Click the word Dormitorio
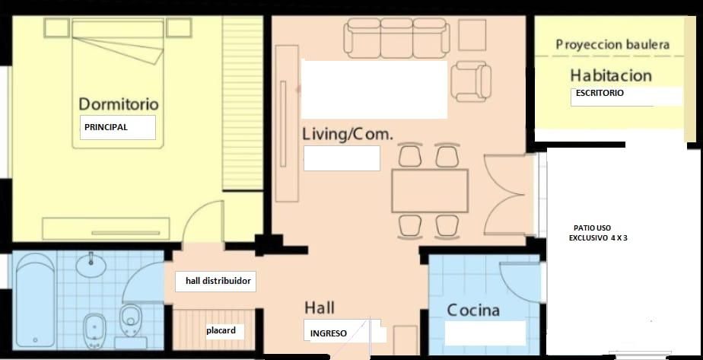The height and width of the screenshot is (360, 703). (119, 104)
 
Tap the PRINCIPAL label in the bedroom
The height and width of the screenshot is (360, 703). (106, 127)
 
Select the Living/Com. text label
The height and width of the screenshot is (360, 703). (348, 134)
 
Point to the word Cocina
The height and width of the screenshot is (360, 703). (473, 311)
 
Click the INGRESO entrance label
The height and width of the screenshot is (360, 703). (328, 333)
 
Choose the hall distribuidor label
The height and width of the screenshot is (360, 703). (218, 282)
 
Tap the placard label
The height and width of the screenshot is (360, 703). (221, 331)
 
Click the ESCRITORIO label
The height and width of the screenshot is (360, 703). (600, 94)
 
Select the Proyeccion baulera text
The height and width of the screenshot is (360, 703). (612, 45)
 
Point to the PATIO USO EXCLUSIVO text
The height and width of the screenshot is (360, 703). (598, 233)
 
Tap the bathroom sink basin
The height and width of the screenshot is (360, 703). (91, 265)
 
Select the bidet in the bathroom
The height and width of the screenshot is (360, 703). (94, 331)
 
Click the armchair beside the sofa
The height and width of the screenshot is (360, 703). (471, 81)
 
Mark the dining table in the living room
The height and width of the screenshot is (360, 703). (430, 190)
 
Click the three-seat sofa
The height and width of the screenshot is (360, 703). (397, 38)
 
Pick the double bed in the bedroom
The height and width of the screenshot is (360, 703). (117, 84)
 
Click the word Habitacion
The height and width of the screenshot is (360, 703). (611, 75)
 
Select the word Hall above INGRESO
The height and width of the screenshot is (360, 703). (320, 308)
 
